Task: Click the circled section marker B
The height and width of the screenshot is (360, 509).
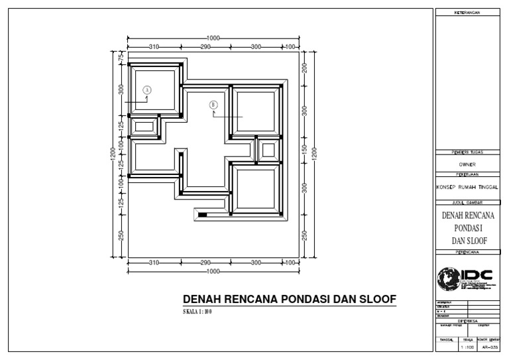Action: [x=213, y=104]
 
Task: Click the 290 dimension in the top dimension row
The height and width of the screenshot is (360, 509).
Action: [x=205, y=46]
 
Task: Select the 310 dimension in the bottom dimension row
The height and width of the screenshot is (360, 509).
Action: [x=154, y=263]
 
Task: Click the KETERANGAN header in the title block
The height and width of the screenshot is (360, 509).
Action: [x=467, y=13]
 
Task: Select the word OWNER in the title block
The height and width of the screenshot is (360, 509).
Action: [x=467, y=164]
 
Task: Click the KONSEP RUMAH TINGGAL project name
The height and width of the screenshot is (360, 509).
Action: [x=467, y=187]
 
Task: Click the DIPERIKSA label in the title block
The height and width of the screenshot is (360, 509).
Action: [x=467, y=320]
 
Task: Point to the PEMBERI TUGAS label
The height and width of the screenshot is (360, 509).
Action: [x=467, y=152]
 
